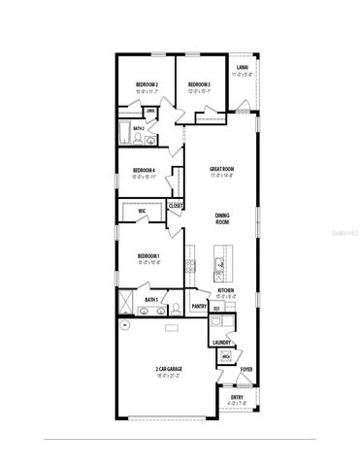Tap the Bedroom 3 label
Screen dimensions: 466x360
pyautogui.click(x=199, y=84)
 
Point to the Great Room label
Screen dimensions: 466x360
pyautogui.click(x=222, y=169)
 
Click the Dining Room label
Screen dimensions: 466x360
pyautogui.click(x=222, y=219)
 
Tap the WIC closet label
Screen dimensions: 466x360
pyautogui.click(x=142, y=210)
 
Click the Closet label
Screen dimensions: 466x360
pyautogui.click(x=176, y=206)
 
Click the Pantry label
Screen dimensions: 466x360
pyautogui.click(x=199, y=307)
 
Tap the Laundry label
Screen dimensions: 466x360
pyautogui.click(x=220, y=343)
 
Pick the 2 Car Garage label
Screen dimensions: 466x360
pyautogui.click(x=168, y=370)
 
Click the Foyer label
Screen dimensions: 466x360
pyautogui.click(x=246, y=370)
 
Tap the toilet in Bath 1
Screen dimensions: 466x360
pyautogui.click(x=177, y=309)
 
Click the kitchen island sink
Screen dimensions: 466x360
pyautogui.click(x=220, y=263)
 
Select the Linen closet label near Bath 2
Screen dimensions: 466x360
pyautogui.click(x=150, y=112)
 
